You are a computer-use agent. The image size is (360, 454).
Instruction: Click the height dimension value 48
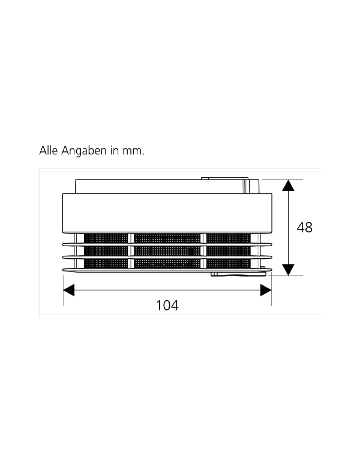tap(304, 228)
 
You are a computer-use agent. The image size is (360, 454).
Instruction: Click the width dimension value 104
tap(167, 305)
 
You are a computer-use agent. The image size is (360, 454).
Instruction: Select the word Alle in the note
tap(49, 151)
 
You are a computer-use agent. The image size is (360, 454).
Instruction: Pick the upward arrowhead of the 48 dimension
tap(288, 186)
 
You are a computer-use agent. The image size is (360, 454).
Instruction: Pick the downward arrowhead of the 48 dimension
tap(288, 270)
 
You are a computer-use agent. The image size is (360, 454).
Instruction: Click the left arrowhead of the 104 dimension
tap(69, 290)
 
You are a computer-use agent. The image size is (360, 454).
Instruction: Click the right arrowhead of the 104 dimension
tap(266, 290)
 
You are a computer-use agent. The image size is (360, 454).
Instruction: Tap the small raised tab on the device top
tap(224, 178)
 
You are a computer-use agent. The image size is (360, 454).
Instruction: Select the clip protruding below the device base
tap(238, 274)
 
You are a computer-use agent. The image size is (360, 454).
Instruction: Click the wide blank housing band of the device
tap(167, 213)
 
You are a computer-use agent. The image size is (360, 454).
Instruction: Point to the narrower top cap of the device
tap(167, 186)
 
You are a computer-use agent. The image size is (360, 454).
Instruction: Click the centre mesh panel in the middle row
tap(167, 251)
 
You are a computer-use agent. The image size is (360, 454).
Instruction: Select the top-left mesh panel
tap(106, 238)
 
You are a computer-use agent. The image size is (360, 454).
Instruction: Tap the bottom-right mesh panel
tap(229, 264)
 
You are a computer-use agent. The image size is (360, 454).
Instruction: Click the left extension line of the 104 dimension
tap(64, 291)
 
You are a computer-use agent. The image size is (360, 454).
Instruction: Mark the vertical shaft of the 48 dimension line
tap(288, 228)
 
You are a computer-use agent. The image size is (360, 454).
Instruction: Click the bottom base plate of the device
tap(167, 270)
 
